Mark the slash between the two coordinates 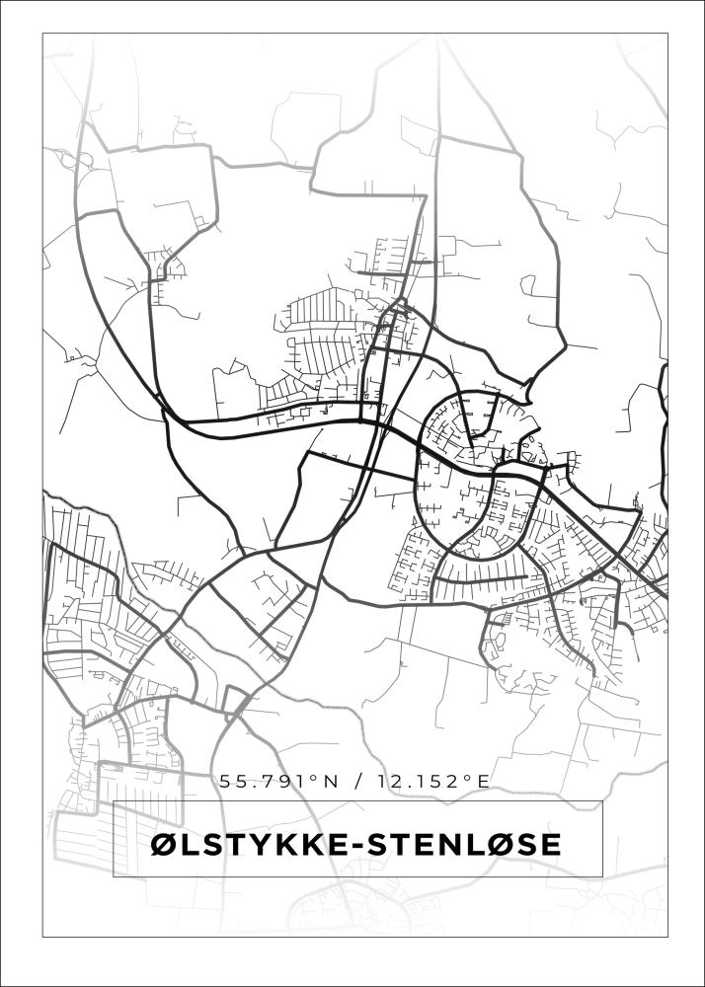(355, 782)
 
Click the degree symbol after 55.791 (316, 778)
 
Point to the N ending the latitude (330, 782)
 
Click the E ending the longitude (483, 782)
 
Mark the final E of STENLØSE (552, 845)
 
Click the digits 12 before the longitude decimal (383, 782)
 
